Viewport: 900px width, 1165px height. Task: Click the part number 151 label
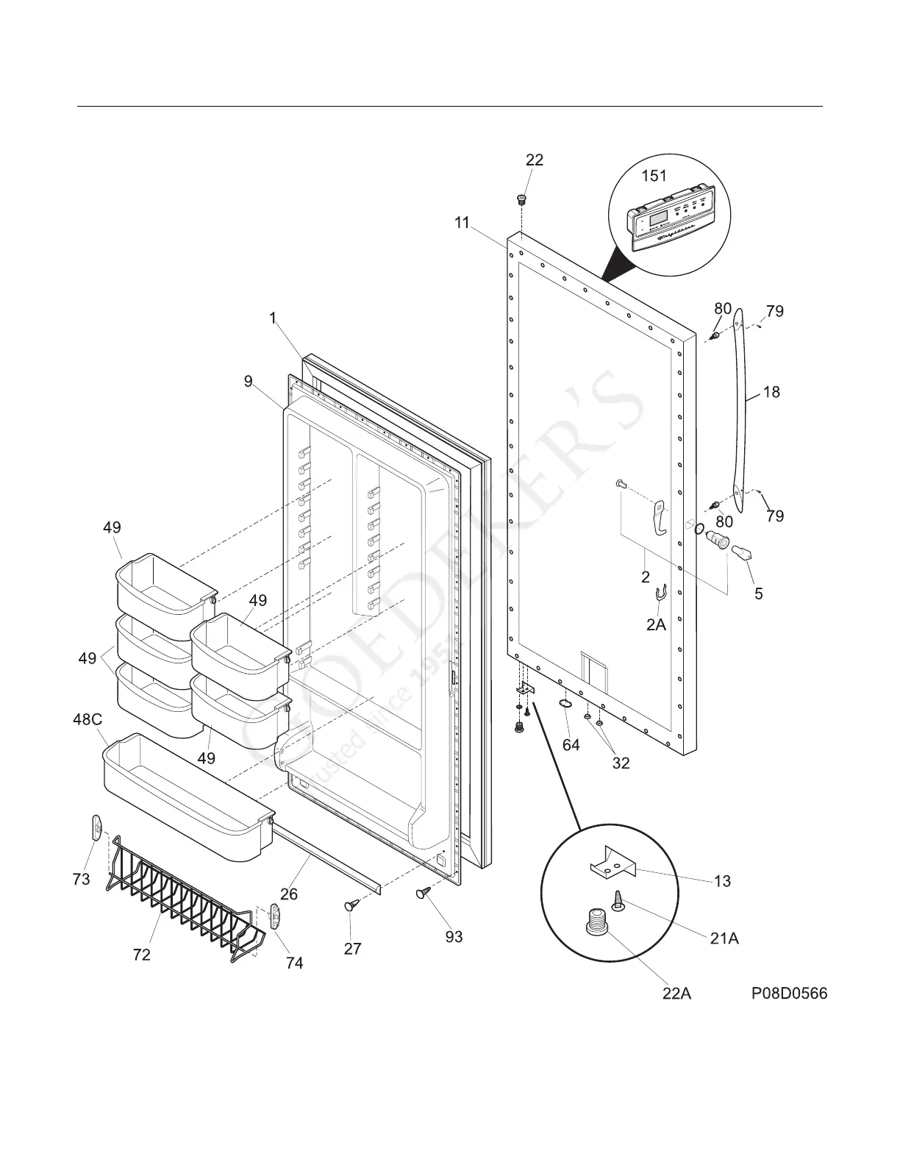[654, 176]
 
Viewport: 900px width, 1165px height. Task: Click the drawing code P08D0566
[789, 994]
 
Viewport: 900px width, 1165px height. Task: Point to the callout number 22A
[676, 994]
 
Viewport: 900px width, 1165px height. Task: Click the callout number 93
[454, 936]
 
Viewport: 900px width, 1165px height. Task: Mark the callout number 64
[571, 745]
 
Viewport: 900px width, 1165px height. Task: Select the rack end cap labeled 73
[96, 827]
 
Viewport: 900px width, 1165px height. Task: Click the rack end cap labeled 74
[276, 916]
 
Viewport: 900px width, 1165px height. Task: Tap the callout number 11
[461, 223]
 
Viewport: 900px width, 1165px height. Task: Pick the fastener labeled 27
[351, 906]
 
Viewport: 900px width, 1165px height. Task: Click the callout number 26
[289, 894]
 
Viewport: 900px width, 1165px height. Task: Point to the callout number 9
[249, 381]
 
